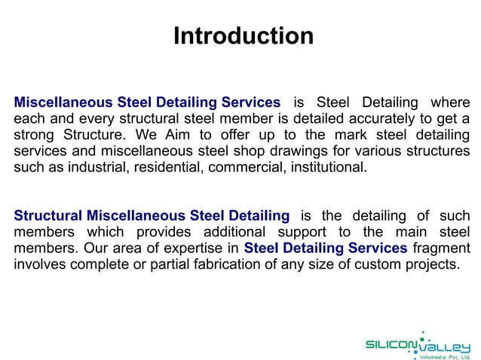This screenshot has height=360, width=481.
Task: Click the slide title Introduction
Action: tap(243, 35)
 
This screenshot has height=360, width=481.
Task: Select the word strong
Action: tap(34, 136)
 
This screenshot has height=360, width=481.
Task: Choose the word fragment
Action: tap(442, 249)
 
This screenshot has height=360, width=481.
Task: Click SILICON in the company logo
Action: tap(391, 344)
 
